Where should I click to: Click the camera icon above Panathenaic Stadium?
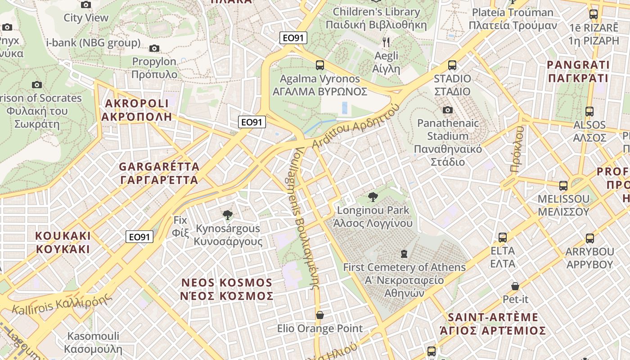click(x=447, y=110)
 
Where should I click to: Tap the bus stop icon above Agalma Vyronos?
click(x=320, y=65)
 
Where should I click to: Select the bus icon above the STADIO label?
click(x=452, y=65)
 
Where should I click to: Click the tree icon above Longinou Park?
click(x=373, y=197)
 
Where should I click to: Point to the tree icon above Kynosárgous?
click(x=228, y=215)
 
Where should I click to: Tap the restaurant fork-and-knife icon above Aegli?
click(x=386, y=42)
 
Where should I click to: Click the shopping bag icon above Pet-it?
click(x=515, y=286)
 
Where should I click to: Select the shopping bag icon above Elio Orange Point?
click(x=320, y=315)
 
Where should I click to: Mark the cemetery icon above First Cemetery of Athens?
click(x=404, y=254)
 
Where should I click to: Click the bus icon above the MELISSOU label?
click(x=563, y=185)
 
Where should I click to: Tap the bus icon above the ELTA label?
click(x=503, y=237)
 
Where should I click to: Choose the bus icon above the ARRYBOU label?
click(x=589, y=238)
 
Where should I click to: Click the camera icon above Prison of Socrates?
click(x=37, y=85)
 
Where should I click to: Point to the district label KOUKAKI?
click(x=63, y=243)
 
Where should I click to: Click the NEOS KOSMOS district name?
click(x=227, y=289)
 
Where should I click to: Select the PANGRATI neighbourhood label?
click(x=578, y=72)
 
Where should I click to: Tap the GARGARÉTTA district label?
click(x=159, y=173)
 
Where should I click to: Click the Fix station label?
click(x=180, y=226)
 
